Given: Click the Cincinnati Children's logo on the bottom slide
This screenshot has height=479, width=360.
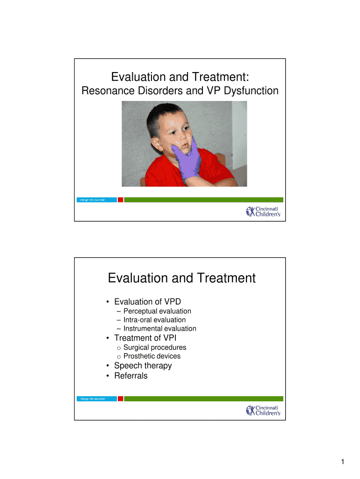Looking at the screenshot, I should click(x=263, y=410).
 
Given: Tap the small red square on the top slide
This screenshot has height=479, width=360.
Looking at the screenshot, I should click(x=120, y=200).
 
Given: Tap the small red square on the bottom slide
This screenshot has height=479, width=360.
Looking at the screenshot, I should click(x=120, y=399).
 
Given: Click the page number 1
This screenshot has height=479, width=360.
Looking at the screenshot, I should click(x=343, y=463).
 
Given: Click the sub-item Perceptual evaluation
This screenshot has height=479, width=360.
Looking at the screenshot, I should click(x=157, y=311).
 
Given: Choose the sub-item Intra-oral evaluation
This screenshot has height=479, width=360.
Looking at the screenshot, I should click(x=154, y=320).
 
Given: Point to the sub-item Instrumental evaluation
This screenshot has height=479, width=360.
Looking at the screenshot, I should click(x=159, y=329).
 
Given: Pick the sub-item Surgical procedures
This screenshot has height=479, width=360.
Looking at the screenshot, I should click(x=155, y=348).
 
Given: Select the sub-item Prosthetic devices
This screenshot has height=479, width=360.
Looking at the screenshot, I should click(x=152, y=356).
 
